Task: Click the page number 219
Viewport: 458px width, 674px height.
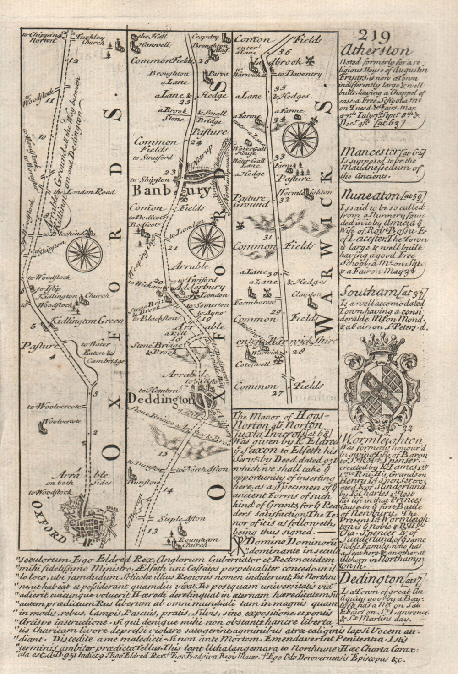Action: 375,37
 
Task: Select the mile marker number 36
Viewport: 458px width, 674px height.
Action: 287,51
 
